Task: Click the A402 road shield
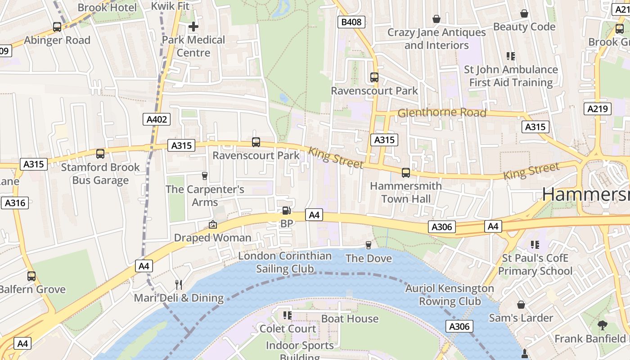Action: (157, 119)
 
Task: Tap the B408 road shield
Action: (351, 22)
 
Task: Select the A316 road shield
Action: (15, 203)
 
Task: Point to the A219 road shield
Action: (598, 108)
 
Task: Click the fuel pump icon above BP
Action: (286, 210)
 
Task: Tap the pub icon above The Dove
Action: (369, 245)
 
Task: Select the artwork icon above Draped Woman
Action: (212, 224)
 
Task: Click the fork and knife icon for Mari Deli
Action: (179, 284)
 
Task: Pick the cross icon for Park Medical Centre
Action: (193, 27)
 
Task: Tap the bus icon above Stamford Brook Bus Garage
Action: (100, 154)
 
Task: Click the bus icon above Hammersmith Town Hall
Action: (406, 172)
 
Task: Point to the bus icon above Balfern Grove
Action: (31, 276)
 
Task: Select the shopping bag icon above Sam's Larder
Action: (521, 305)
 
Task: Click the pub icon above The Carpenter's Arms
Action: (205, 175)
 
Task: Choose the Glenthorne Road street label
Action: (441, 112)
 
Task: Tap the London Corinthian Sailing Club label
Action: (285, 262)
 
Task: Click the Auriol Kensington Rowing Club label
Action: (450, 295)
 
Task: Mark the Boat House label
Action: (350, 319)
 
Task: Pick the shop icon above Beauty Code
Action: (524, 13)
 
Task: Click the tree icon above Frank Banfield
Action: (602, 325)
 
